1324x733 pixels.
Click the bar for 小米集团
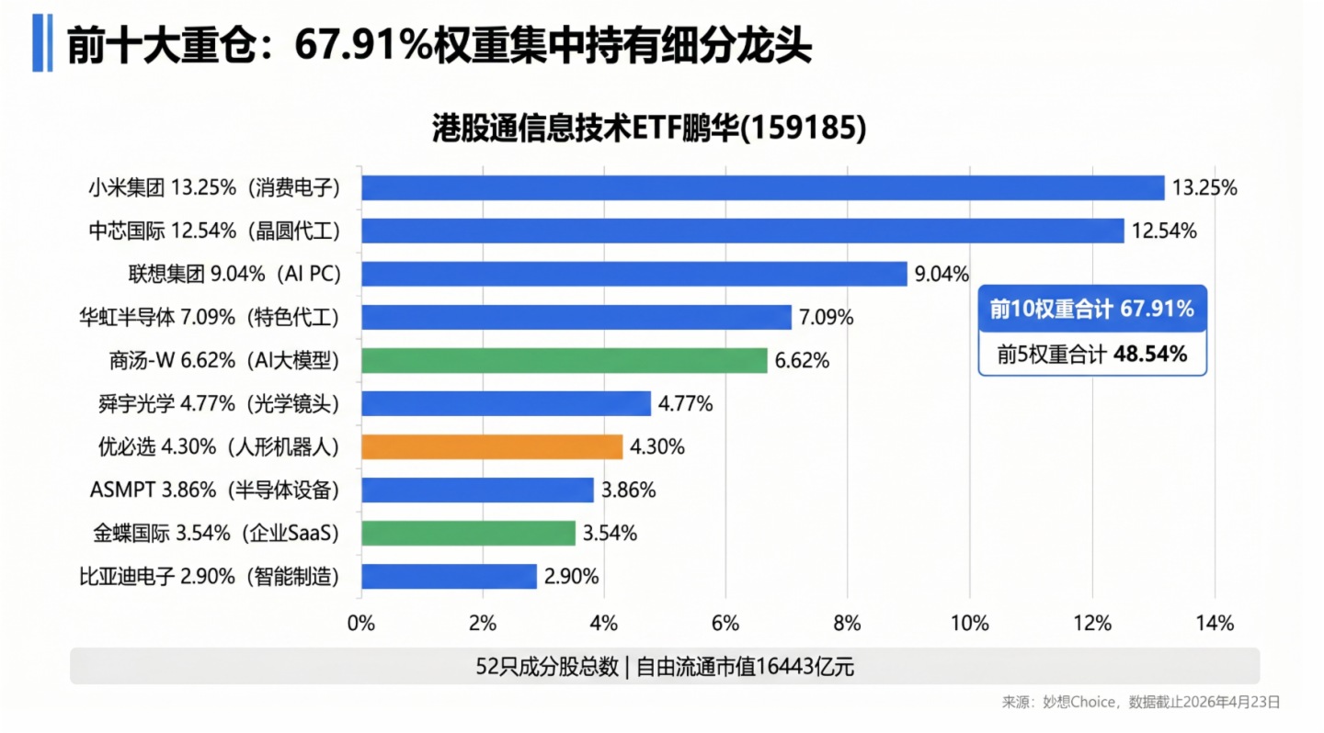click(762, 187)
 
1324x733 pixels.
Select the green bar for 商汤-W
click(564, 360)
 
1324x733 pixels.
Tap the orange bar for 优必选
click(492, 446)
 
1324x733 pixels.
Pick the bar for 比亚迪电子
click(449, 576)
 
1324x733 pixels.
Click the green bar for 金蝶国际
click(468, 533)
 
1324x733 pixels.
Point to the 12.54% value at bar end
click(1164, 231)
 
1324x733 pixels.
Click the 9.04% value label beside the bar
click(942, 274)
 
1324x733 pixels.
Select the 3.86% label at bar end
click(629, 491)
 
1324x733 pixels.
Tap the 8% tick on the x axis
click(847, 624)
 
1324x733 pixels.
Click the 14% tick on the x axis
click(1214, 624)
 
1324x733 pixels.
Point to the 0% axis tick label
click(361, 624)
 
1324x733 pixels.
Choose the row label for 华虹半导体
click(210, 318)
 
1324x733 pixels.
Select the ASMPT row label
click(214, 490)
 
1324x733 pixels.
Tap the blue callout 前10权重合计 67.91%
click(1091, 310)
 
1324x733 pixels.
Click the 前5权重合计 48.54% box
click(1091, 353)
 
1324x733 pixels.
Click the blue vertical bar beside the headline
click(37, 42)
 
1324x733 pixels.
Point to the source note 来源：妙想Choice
click(1140, 702)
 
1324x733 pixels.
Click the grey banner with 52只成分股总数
click(664, 666)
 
